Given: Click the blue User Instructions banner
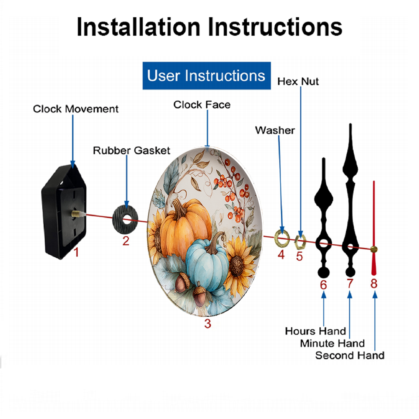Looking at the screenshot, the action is (x=207, y=75).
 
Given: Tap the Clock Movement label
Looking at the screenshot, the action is (x=75, y=109).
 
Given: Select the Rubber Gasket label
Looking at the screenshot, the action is (x=132, y=150).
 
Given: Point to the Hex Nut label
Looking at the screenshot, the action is (x=298, y=82).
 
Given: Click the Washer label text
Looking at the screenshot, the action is (x=275, y=130).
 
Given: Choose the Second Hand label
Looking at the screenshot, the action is (x=350, y=355).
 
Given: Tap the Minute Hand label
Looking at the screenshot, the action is (x=332, y=344).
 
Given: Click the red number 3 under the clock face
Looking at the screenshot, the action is (x=208, y=323).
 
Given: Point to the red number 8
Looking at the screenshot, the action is (x=374, y=283).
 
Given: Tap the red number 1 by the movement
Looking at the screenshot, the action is (x=76, y=252).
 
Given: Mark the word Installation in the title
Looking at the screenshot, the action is (x=138, y=27).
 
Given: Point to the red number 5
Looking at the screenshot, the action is (x=299, y=256).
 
